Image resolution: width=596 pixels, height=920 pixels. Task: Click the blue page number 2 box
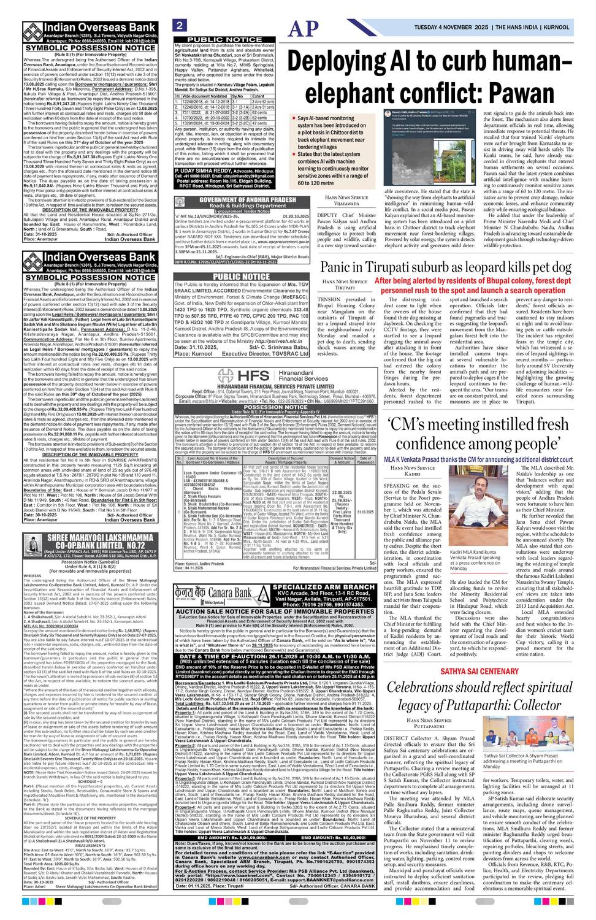pos(180,25)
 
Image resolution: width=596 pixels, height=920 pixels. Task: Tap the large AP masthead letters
pos(305,29)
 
